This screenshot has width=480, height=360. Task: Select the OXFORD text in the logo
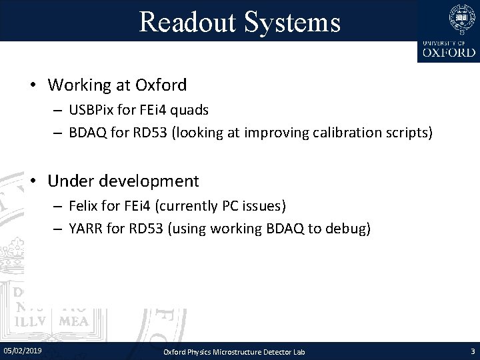(x=447, y=51)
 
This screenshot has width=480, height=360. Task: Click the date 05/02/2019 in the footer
(x=22, y=350)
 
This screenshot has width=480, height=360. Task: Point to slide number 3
(x=473, y=351)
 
